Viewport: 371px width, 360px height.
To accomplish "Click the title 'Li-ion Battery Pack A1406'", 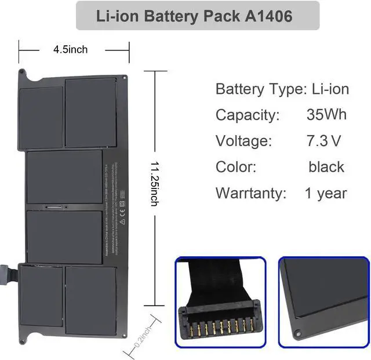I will click(197, 16).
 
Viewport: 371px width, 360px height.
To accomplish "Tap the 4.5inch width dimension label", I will click(70, 49).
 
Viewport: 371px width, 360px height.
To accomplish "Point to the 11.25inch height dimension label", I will click(154, 182).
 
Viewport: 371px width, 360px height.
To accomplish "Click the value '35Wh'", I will click(326, 114).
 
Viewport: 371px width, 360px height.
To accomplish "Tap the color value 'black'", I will click(326, 167).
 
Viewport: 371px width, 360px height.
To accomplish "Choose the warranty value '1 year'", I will click(326, 193).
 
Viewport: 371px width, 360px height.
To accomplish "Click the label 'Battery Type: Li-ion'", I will click(282, 89).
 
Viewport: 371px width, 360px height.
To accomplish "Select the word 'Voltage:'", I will click(243, 141).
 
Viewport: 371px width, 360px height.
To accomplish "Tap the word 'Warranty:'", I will click(251, 193).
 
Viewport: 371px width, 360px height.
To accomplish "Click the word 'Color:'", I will click(236, 167).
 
